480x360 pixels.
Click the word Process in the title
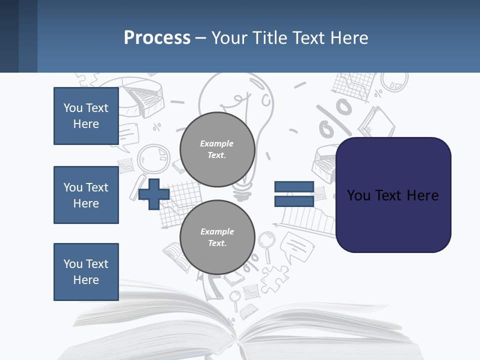(157, 38)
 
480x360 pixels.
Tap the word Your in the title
(229, 38)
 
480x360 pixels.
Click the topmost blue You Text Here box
(86, 116)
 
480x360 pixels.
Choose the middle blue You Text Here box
(86, 195)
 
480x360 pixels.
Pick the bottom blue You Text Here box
(86, 272)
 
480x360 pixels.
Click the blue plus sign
(154, 194)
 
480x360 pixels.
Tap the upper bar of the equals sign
(294, 187)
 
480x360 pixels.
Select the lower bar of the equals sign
(294, 201)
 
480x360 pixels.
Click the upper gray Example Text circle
(217, 149)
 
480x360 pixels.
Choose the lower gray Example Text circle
(217, 237)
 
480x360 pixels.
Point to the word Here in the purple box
(422, 195)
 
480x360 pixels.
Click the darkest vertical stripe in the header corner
(9, 36)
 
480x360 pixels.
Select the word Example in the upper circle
(217, 143)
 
